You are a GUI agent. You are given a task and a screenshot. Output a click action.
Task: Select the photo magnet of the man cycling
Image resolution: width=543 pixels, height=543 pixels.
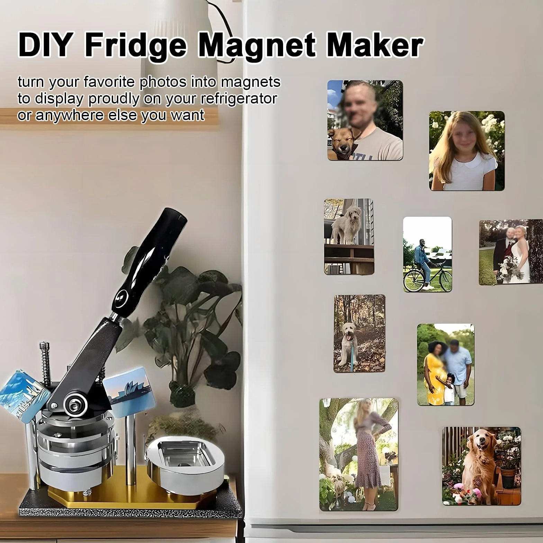tap(427, 254)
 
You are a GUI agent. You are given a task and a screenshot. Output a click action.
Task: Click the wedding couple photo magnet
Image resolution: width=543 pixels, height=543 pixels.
tap(511, 252)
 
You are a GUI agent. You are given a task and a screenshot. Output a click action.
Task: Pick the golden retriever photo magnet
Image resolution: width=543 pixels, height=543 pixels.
tap(481, 465)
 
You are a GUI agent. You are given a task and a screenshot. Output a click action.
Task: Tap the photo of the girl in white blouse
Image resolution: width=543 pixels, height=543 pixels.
tap(467, 151)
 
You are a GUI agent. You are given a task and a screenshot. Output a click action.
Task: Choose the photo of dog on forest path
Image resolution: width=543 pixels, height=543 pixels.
tap(359, 334)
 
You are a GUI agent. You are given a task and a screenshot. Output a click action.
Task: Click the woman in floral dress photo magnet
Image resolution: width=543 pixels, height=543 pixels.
tap(359, 454)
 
